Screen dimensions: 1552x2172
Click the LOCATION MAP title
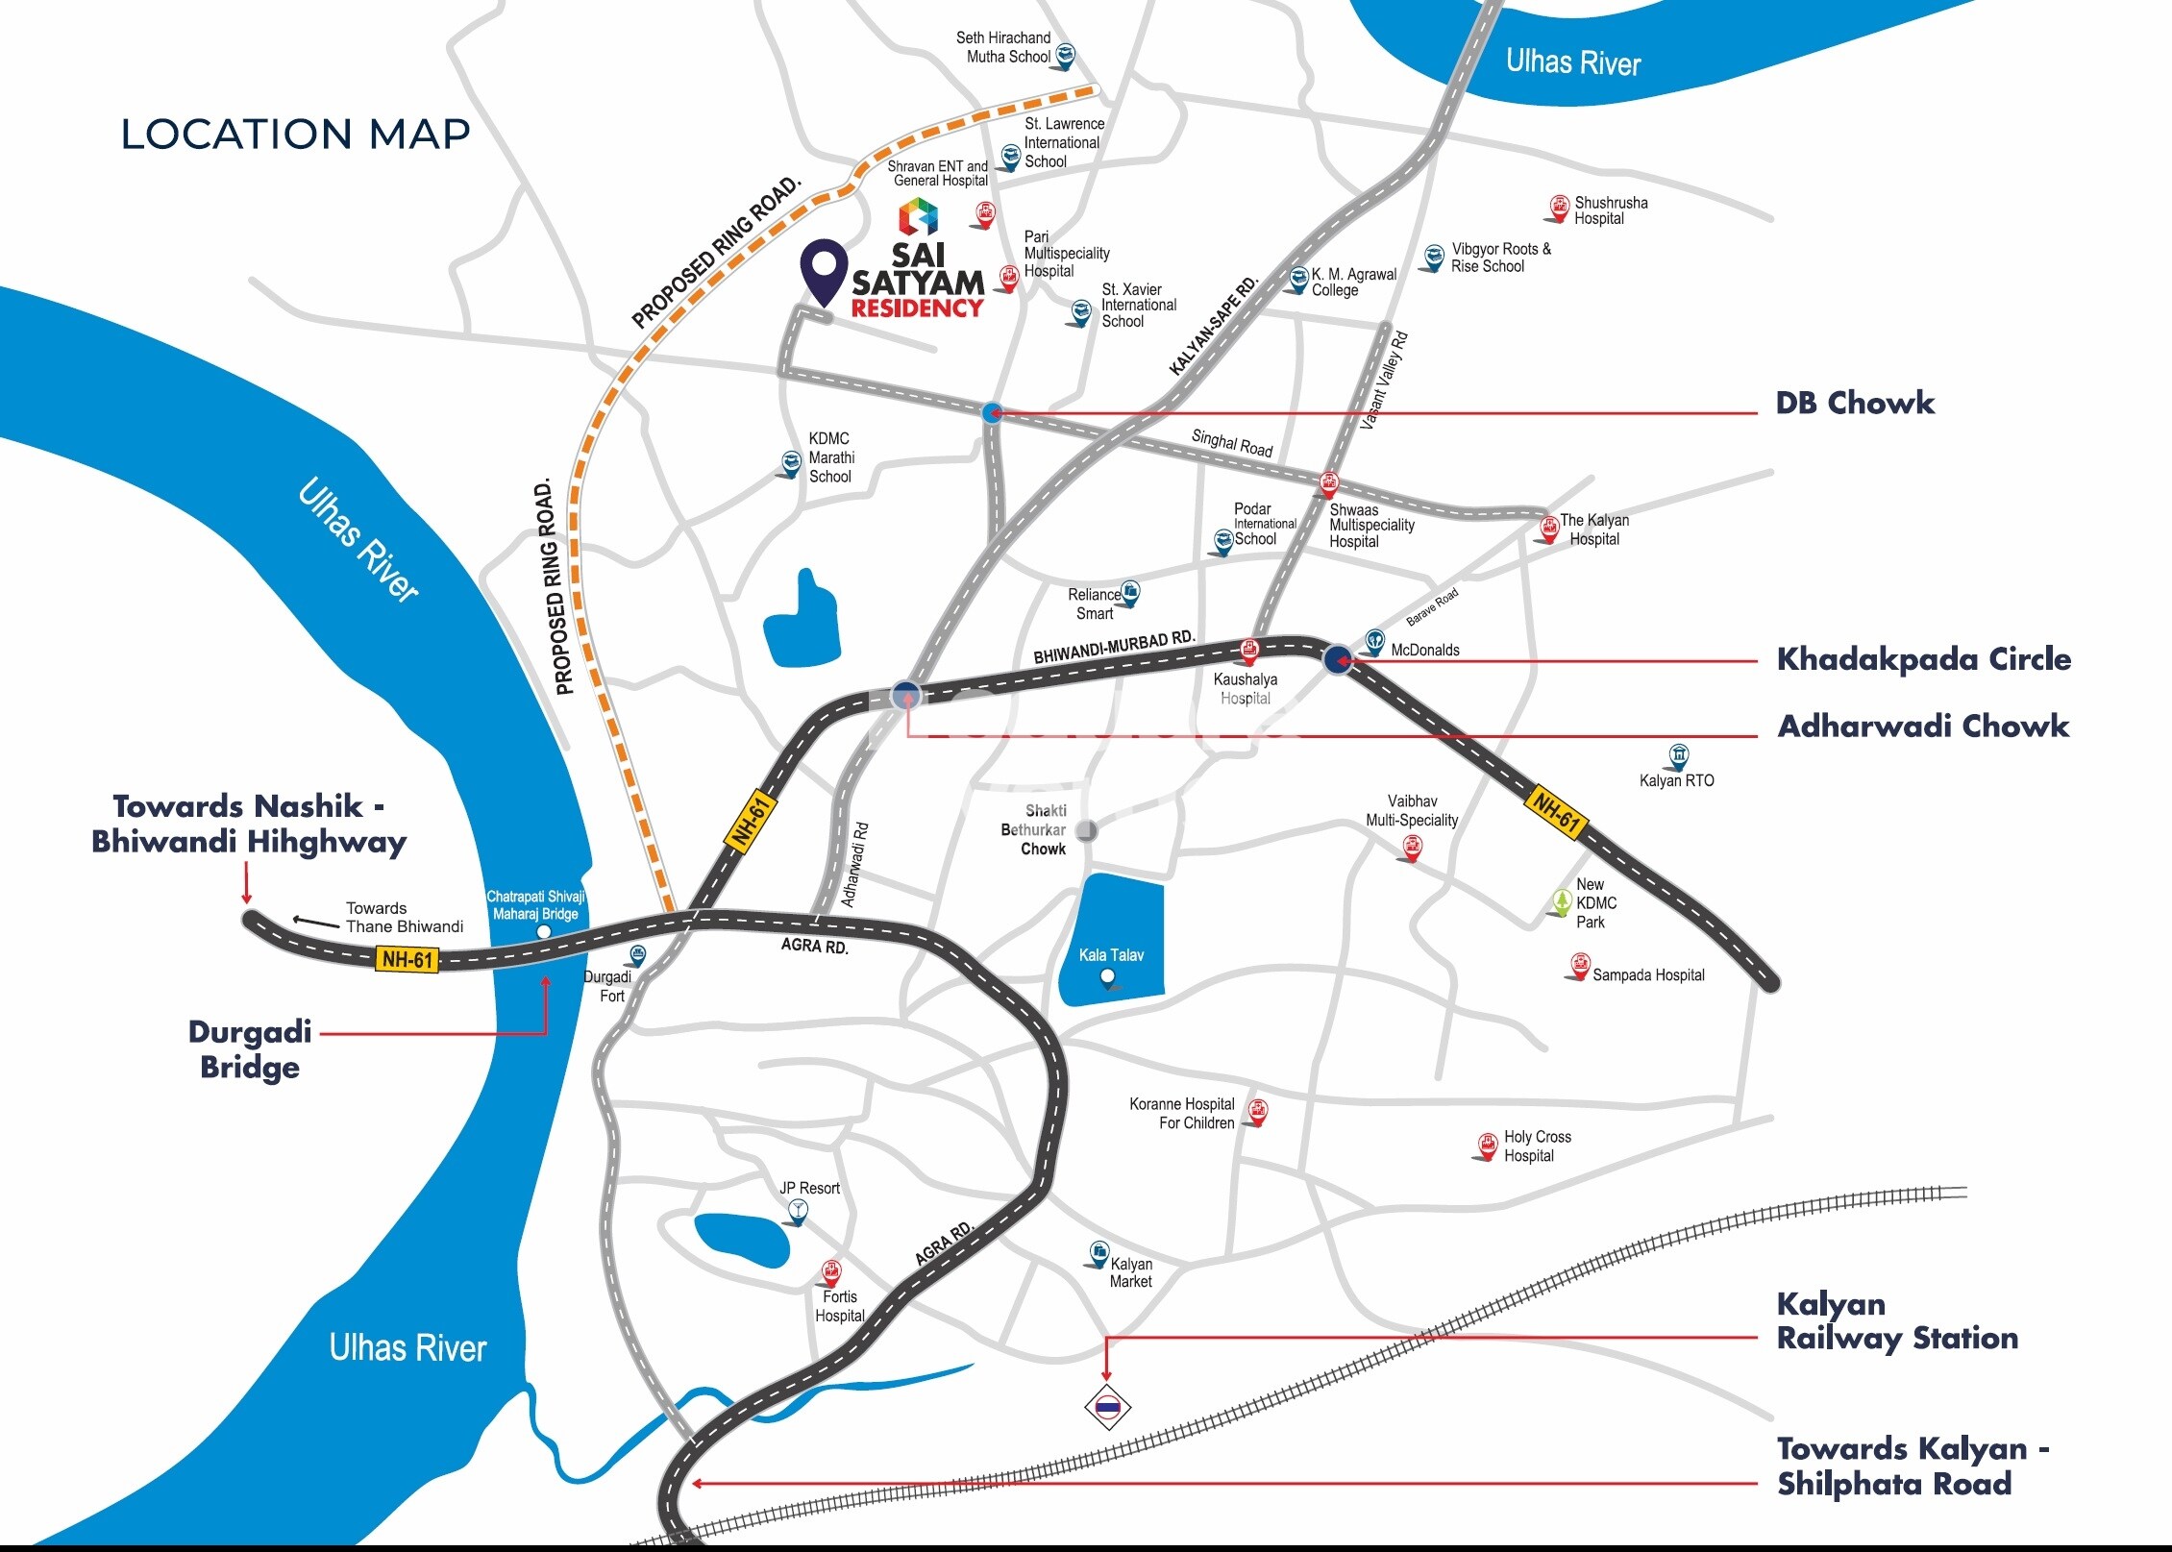pos(296,135)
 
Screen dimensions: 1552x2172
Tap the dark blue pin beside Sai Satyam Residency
pos(825,269)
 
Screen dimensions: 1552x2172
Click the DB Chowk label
pos(1854,403)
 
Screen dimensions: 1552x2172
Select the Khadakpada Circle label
pos(1923,659)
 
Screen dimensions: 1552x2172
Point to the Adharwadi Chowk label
pos(1923,726)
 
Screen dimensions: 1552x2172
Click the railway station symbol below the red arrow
pos(1107,1407)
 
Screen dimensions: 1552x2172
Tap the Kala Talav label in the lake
pos(1111,955)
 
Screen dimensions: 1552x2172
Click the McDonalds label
pos(1424,651)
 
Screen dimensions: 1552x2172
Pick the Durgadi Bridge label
pos(250,1049)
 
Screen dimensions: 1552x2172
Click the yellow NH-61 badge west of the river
pos(408,959)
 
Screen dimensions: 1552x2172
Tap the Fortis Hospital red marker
pos(831,1273)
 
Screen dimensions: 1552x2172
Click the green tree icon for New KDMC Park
pos(1562,902)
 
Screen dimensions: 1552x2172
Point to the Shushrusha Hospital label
pos(1610,210)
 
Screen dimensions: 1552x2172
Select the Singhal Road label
pos(1231,443)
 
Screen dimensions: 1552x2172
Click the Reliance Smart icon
pos(1130,593)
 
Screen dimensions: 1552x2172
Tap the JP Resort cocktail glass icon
pos(796,1213)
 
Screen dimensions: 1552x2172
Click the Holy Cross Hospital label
pos(1537,1146)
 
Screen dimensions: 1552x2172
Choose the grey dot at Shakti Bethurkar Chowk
pos(1086,830)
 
